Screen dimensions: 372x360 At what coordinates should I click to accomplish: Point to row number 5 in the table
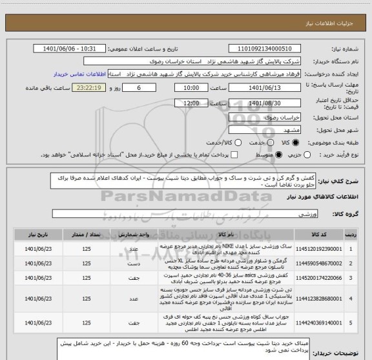click(x=350, y=310)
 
